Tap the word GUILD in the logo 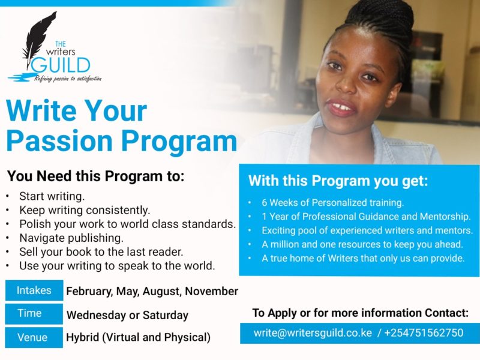(x=61, y=65)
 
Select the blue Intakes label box (x=34, y=290)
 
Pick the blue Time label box (x=34, y=313)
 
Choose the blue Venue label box (x=34, y=337)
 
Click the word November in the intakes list (x=212, y=291)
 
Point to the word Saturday (x=166, y=315)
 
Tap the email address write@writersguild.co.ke (x=313, y=333)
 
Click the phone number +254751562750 (x=424, y=333)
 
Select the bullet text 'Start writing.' (x=52, y=196)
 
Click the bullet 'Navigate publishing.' (x=71, y=238)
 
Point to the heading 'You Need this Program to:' (x=95, y=176)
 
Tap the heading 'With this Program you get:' (x=338, y=181)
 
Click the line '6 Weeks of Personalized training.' (x=333, y=203)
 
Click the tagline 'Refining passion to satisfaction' (x=68, y=79)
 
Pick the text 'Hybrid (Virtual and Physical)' (x=139, y=337)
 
